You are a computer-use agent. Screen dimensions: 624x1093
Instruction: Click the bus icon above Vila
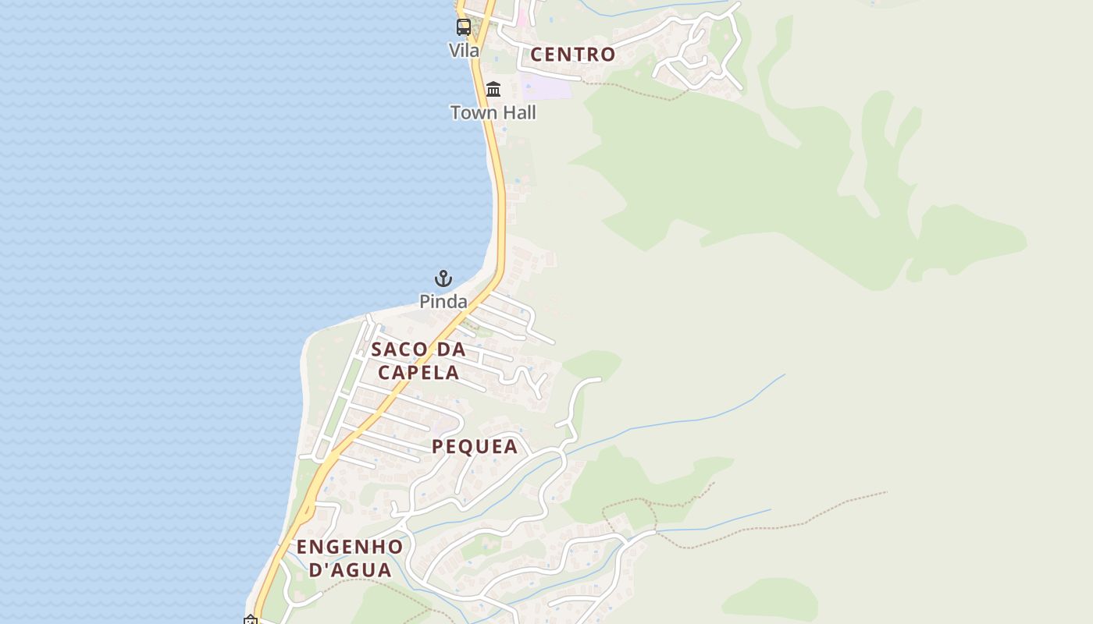464,27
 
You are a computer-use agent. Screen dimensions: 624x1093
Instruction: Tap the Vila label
464,50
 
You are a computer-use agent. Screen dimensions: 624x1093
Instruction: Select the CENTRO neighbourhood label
573,55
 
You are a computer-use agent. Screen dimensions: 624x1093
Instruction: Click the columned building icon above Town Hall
493,90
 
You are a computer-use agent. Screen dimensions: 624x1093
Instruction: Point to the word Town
474,112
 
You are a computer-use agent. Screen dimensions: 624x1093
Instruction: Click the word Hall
518,112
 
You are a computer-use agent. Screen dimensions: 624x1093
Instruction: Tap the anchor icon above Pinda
443,278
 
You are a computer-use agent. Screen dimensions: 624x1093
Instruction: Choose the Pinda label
443,302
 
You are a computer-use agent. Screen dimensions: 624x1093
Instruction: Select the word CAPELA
418,372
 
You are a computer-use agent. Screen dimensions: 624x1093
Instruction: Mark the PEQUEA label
475,446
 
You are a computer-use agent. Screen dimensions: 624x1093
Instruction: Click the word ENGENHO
350,546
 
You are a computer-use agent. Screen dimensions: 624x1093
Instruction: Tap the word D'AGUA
351,569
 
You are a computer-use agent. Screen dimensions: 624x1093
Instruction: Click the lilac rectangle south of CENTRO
546,87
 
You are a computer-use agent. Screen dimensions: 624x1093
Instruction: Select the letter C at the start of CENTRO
537,55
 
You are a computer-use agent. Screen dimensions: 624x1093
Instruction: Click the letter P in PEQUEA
438,446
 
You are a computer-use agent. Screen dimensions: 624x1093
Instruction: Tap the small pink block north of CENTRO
522,18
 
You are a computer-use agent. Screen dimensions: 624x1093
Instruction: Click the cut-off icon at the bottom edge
251,620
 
